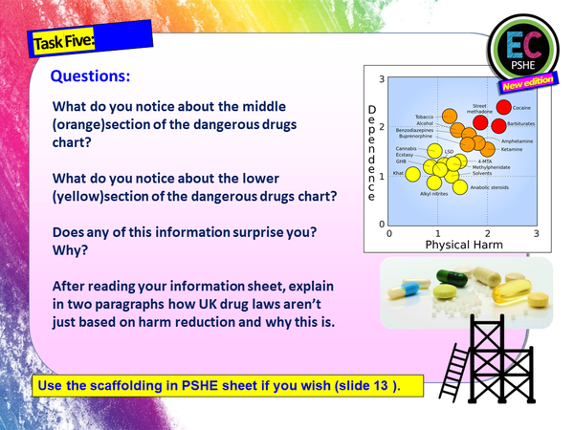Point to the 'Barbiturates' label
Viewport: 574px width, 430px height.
pos(521,124)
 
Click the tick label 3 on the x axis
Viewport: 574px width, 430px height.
pos(536,232)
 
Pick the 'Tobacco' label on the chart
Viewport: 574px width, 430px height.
pos(425,116)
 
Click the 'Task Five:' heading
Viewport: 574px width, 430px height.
pos(62,43)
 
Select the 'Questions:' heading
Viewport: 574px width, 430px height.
pos(89,75)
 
